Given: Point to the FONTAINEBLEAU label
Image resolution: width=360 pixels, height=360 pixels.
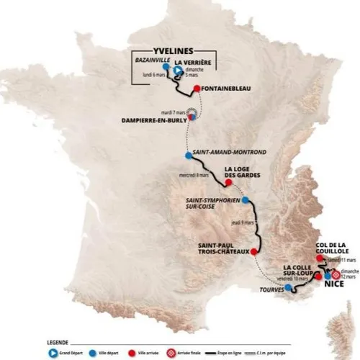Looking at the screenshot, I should point(227,91).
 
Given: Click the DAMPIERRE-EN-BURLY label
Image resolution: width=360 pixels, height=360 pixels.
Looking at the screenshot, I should point(156,121).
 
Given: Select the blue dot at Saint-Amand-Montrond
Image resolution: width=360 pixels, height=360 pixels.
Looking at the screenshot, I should point(189,156).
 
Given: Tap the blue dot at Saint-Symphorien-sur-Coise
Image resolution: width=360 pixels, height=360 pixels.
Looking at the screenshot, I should point(246,200).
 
